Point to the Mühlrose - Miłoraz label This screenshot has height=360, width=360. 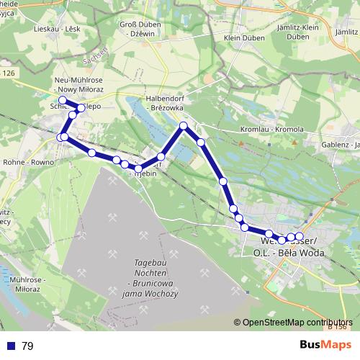coord(22,283)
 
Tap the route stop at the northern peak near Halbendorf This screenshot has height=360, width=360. coord(184,126)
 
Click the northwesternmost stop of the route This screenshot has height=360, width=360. coord(63,100)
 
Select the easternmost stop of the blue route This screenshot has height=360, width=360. coord(300,236)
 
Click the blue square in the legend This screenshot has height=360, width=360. coord(10,346)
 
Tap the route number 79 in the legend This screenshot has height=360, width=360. coord(27,346)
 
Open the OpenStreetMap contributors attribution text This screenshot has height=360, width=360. coord(297,323)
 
